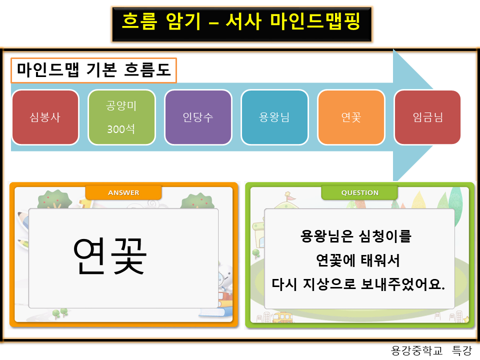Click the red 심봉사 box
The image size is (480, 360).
click(45, 117)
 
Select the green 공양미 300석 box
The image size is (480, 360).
click(121, 117)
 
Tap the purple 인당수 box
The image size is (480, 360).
click(198, 117)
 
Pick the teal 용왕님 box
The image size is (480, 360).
click(274, 117)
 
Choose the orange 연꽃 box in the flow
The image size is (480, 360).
click(351, 117)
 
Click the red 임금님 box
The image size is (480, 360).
click(427, 117)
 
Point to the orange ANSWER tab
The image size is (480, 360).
click(123, 192)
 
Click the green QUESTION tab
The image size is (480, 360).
click(359, 192)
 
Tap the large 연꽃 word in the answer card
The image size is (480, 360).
click(110, 255)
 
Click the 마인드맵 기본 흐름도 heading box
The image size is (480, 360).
click(94, 70)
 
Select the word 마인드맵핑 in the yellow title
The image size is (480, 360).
click(315, 21)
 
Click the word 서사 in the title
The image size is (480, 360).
click(243, 21)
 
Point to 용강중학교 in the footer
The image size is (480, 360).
click(416, 350)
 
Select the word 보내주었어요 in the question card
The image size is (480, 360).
click(400, 284)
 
